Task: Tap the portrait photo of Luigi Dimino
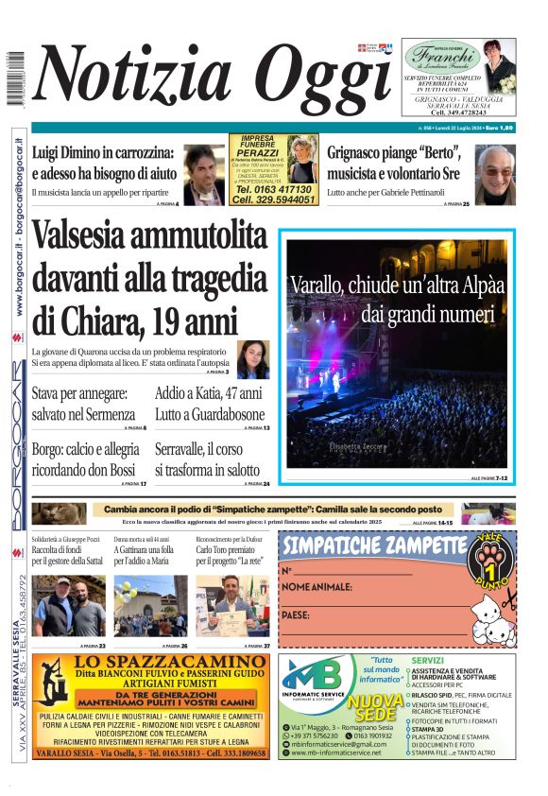pos(203,174)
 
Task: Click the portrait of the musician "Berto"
pos(494,174)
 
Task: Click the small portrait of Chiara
pos(253,358)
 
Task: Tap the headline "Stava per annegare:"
pos(79,393)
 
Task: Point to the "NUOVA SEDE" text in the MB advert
pos(374,709)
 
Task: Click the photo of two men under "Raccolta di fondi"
pos(69,606)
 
